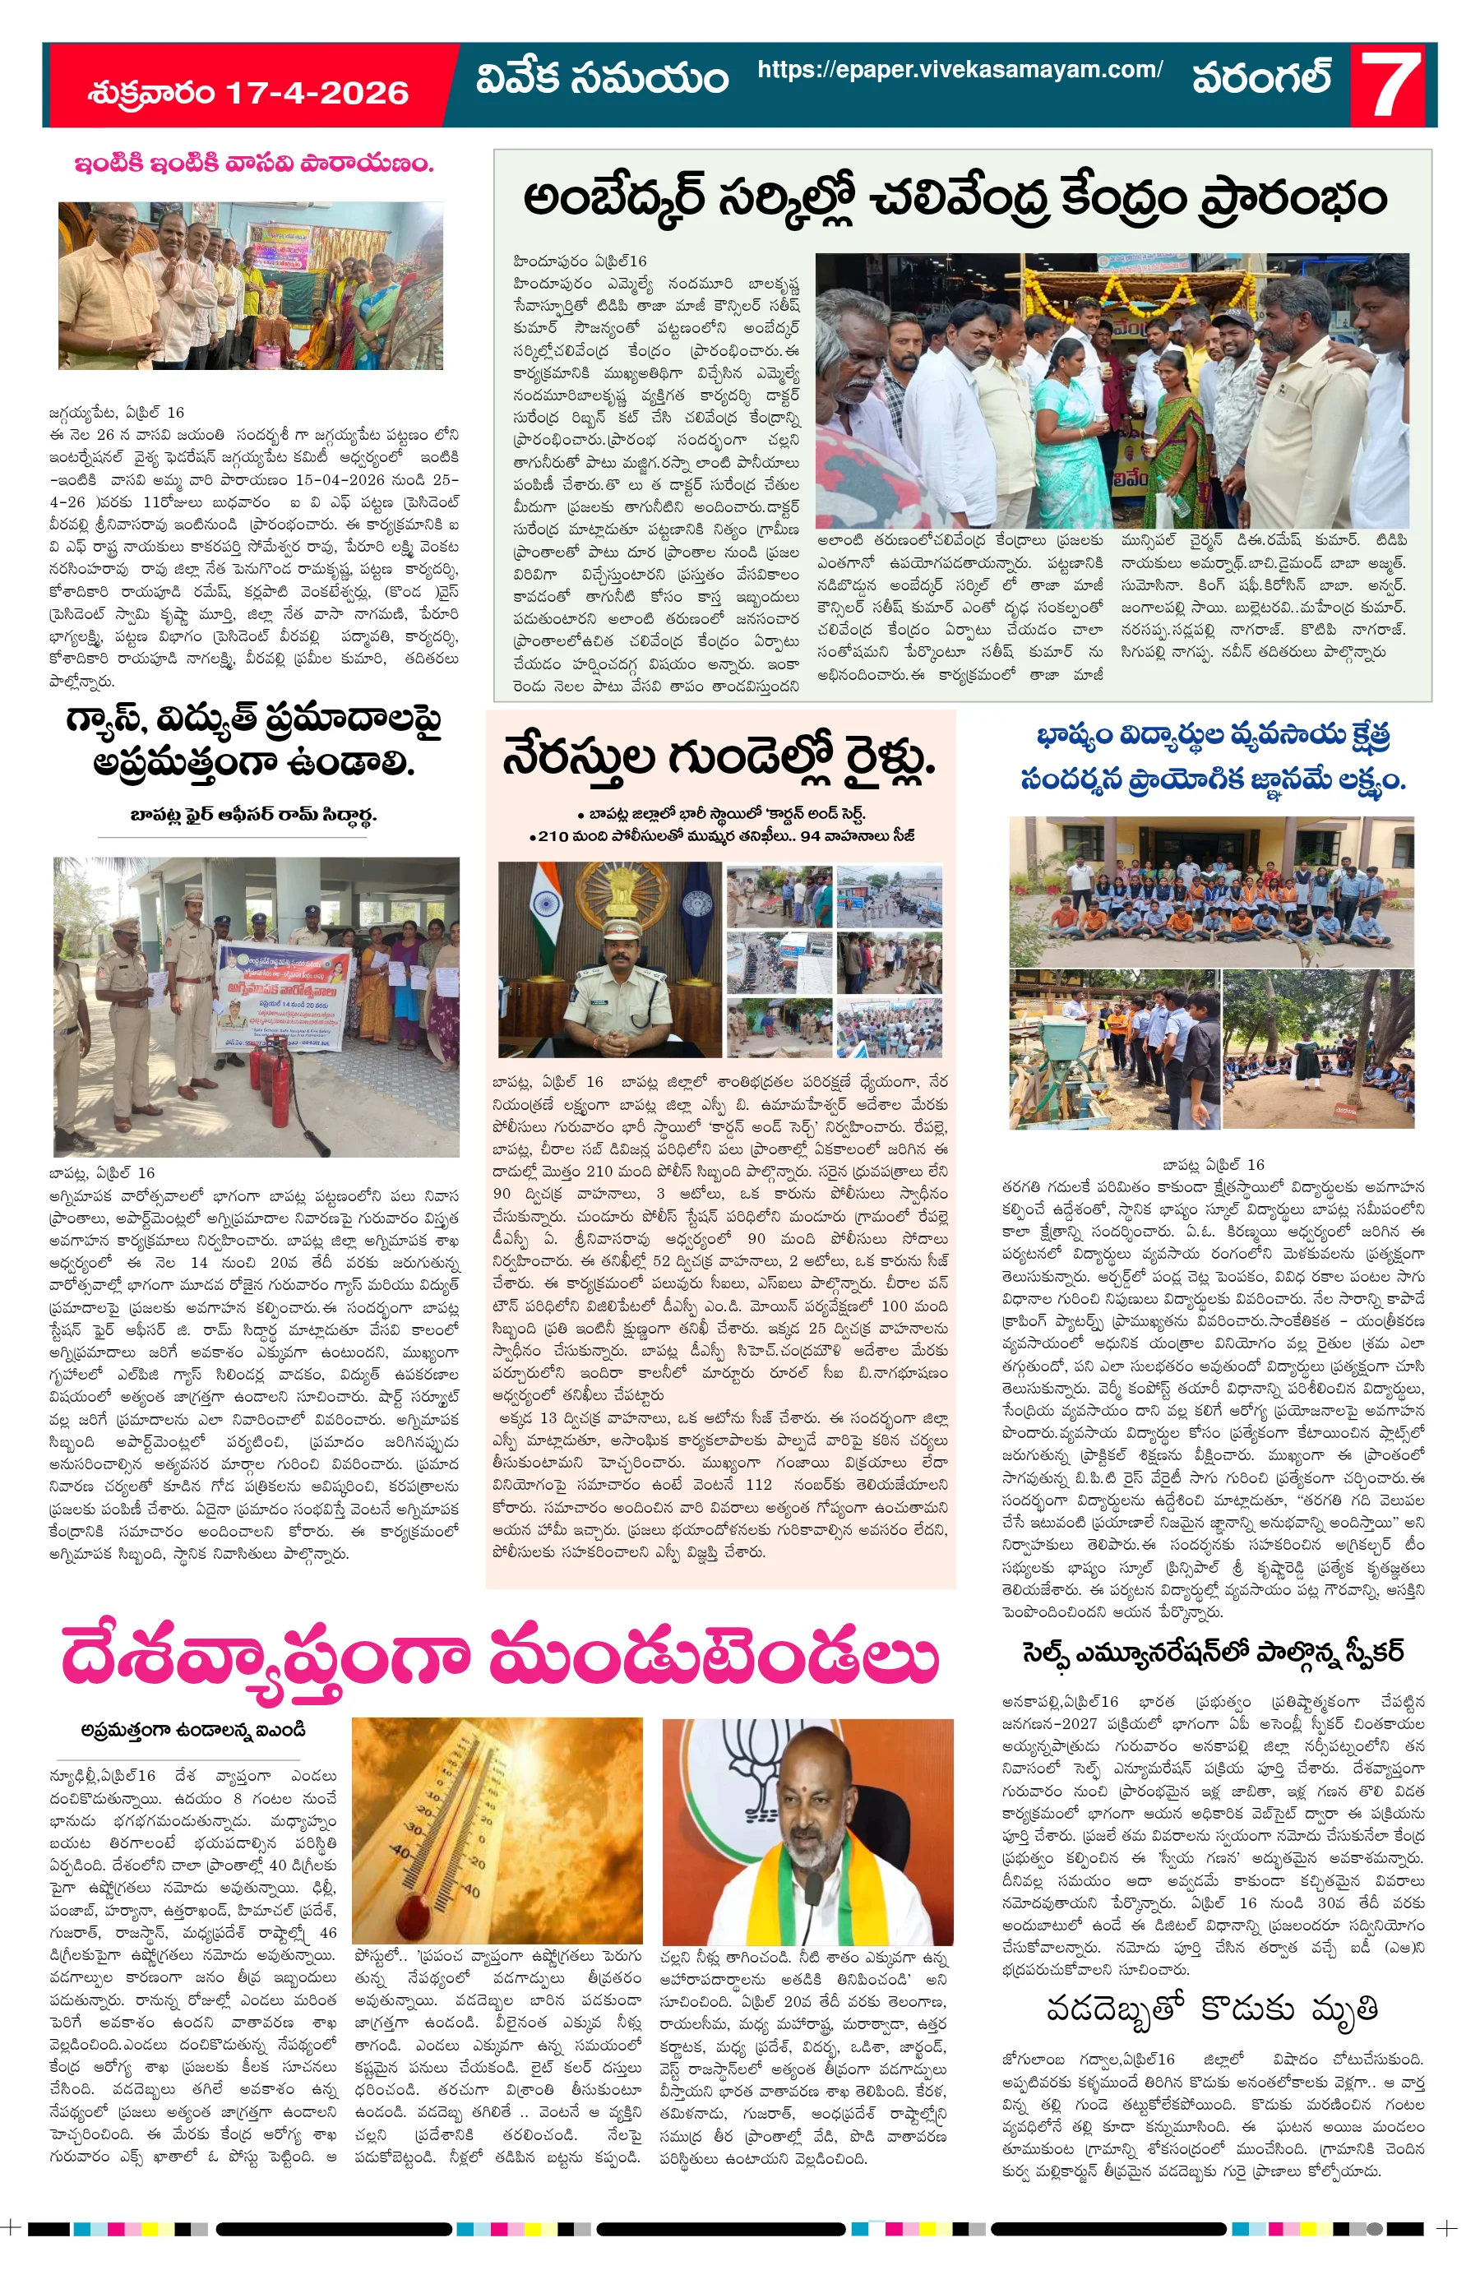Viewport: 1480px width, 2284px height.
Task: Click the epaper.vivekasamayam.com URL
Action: (x=959, y=69)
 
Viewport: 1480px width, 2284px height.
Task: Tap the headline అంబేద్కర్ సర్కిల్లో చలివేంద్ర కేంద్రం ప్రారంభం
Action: (x=954, y=199)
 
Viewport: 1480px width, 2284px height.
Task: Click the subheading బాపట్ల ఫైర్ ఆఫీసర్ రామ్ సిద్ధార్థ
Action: (x=253, y=815)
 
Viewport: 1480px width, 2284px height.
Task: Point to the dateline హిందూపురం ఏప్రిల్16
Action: (x=580, y=261)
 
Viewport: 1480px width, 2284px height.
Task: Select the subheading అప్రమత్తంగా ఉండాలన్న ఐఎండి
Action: (x=193, y=1731)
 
